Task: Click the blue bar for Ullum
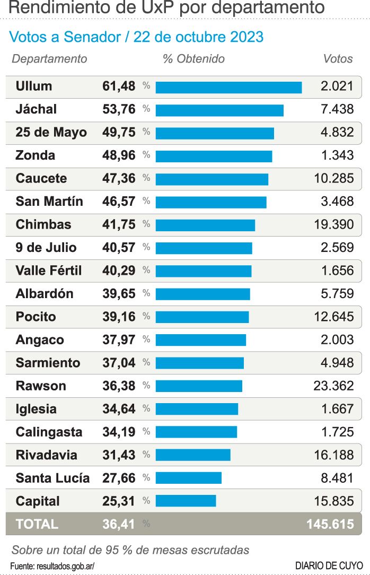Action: (228, 87)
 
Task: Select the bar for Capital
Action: (186, 501)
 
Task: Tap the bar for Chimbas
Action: (205, 225)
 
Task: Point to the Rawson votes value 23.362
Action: (333, 386)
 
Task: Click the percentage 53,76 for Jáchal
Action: (119, 110)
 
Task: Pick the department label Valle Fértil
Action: (49, 271)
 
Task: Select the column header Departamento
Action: (49, 59)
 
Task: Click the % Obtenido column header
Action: (193, 59)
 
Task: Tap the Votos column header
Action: (338, 59)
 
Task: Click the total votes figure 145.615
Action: (330, 524)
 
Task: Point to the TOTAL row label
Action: (37, 524)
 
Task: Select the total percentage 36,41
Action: (119, 524)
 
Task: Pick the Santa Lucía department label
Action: (52, 478)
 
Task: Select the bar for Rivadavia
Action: (193, 455)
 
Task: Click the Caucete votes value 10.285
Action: (333, 178)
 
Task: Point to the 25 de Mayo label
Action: (51, 133)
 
